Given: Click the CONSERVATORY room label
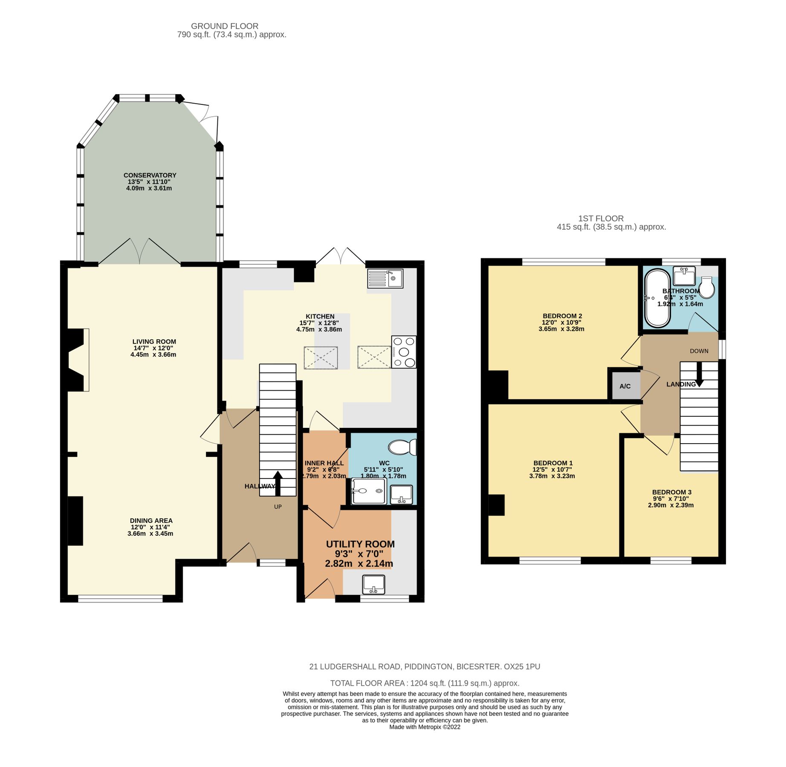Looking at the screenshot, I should tap(150, 175).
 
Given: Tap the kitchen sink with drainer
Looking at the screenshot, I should tap(385, 279).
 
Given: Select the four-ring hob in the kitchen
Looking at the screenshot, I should tap(403, 352).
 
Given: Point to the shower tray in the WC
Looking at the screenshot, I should tap(369, 491).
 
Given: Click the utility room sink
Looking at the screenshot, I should tap(373, 584).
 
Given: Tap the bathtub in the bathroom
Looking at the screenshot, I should tap(658, 298).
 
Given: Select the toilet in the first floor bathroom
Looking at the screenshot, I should tap(707, 288).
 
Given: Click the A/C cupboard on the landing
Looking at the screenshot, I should tap(625, 386).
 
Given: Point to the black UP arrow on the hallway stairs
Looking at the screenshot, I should tap(277, 483).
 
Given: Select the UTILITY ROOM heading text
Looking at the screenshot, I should tap(360, 544).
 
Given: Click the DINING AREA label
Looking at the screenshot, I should tap(151, 521).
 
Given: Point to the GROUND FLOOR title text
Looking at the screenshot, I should tap(225, 26).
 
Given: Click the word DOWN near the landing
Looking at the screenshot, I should tap(699, 351).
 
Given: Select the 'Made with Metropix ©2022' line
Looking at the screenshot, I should tap(425, 727).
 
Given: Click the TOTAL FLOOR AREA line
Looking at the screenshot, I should tap(425, 683).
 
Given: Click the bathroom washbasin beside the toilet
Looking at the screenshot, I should tap(684, 276).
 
